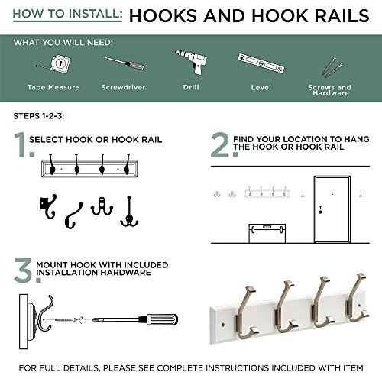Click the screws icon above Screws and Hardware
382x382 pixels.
coord(329,66)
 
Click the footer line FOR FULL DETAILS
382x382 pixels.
coord(191,367)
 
